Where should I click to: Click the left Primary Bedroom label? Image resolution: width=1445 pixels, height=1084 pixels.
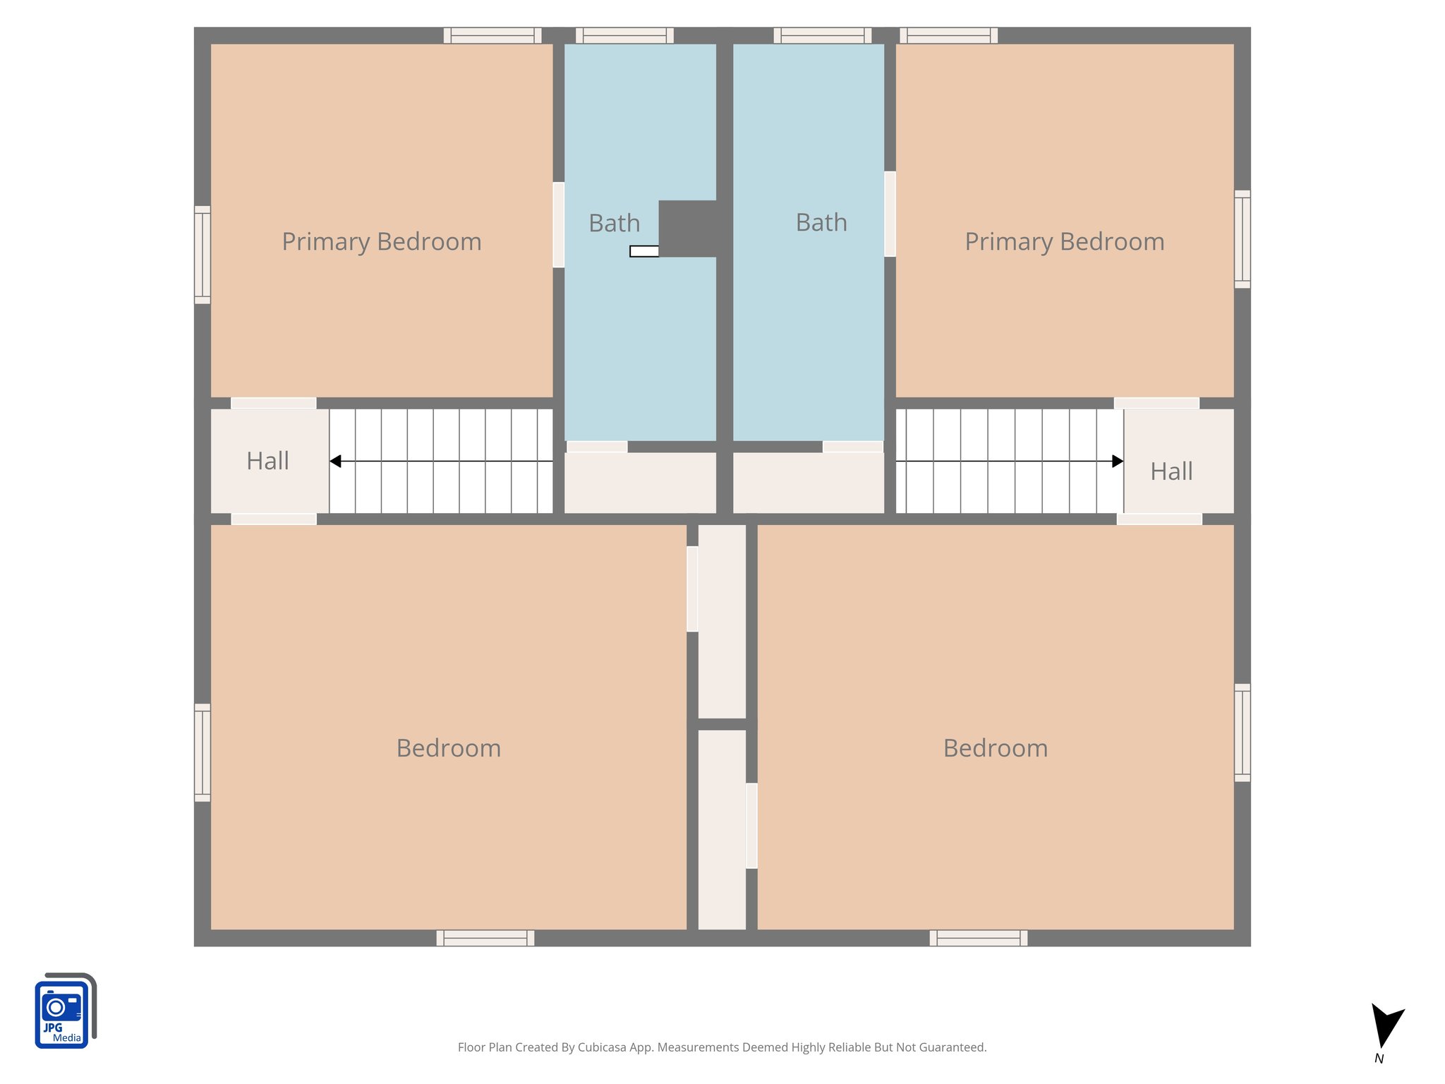coord(382,242)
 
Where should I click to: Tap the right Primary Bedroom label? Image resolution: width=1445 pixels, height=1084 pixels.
coord(1064,242)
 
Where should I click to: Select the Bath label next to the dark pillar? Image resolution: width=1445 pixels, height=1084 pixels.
coord(614,224)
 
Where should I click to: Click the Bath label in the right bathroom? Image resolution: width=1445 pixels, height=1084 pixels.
coord(821,223)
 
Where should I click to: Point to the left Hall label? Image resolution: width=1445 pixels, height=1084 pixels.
coord(267,462)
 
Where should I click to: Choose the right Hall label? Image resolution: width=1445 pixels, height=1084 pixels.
coord(1171,471)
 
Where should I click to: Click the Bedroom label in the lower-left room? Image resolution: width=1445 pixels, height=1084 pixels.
coord(448,748)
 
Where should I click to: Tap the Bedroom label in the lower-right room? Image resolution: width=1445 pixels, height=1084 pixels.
coord(995,748)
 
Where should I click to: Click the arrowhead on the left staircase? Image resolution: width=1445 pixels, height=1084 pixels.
coord(336,462)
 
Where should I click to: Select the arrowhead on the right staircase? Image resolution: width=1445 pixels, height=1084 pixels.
coord(1118,462)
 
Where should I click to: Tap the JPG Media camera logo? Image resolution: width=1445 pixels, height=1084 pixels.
coord(64,1011)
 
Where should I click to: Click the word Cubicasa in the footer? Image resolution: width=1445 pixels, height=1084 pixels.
coord(602,1047)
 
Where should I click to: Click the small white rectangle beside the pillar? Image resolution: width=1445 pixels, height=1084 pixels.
coord(643,251)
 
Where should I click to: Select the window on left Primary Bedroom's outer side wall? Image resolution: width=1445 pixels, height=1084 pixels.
coord(202,255)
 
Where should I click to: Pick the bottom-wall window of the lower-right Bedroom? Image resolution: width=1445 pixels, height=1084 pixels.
coord(978,938)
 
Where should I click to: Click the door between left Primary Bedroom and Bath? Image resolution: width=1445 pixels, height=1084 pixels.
coord(558,224)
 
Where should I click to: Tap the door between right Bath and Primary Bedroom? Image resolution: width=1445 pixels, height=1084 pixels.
coord(890,214)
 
